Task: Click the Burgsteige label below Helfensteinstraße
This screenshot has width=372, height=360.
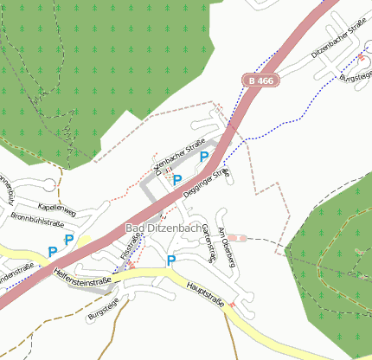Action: coord(102,310)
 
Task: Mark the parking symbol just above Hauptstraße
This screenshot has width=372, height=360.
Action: coord(171,260)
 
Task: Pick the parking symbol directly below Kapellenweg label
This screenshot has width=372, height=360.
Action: coord(69,239)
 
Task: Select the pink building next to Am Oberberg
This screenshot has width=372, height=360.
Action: coord(238,236)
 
